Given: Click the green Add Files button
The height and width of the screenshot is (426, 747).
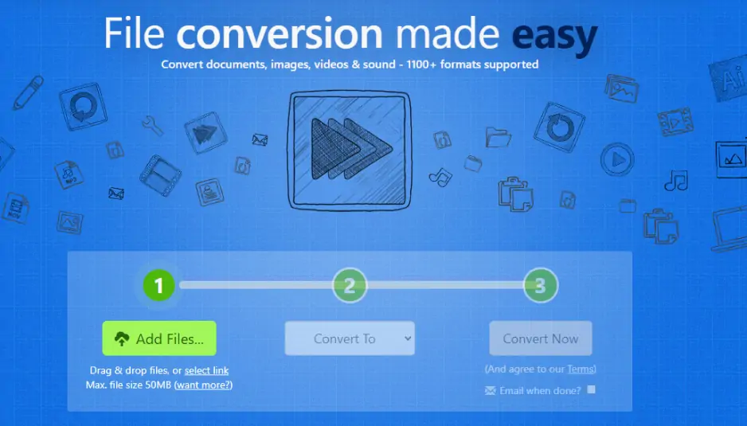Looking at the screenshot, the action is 159,338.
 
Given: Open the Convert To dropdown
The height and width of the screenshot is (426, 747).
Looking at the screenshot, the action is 350,338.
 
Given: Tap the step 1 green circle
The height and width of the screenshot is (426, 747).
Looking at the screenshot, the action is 158,285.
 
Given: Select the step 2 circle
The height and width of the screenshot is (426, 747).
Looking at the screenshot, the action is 350,285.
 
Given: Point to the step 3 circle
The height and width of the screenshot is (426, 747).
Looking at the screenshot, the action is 540,285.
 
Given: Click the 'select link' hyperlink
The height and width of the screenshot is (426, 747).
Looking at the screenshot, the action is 207,370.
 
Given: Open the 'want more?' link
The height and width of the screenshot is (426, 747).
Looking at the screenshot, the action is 203,385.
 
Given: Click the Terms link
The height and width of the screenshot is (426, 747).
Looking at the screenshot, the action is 581,369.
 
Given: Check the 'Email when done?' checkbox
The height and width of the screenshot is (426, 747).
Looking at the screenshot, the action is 591,389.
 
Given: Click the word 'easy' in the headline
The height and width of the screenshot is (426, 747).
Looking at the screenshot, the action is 554,34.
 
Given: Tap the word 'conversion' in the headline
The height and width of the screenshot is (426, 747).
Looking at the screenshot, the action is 280,33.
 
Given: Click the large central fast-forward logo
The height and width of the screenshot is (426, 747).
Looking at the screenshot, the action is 350,150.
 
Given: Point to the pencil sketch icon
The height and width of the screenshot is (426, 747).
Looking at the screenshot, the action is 28,92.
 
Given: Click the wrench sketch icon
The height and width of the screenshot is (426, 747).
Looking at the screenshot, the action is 152,126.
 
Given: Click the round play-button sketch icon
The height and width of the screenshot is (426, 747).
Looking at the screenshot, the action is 617,159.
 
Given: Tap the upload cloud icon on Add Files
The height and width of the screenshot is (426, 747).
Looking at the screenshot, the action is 122,338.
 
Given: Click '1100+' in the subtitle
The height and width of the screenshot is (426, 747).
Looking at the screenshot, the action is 420,64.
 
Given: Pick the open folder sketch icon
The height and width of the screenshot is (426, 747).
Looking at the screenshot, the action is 498,137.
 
